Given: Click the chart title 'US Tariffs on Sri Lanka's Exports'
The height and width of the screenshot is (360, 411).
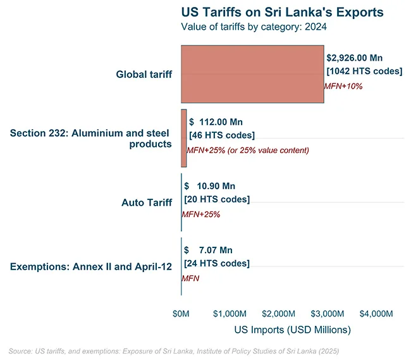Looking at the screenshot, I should [282, 12].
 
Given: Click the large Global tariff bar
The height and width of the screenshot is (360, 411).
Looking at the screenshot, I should [252, 74].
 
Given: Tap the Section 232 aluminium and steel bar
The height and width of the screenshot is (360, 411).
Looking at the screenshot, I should [184, 138].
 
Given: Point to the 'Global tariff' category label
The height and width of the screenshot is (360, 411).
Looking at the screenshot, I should [144, 75].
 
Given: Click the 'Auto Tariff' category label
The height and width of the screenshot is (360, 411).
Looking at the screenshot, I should [146, 202].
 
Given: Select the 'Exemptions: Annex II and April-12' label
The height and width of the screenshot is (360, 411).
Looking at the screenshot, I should [91, 267].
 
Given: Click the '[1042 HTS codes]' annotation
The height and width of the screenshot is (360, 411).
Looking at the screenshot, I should [363, 71].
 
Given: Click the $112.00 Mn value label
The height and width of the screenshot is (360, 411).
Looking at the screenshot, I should [216, 121].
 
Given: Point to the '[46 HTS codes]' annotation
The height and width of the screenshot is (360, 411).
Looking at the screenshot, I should [222, 135].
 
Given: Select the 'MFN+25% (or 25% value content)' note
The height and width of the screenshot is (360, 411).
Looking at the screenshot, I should [247, 151].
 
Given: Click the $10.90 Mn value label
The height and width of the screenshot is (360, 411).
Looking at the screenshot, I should [209, 186].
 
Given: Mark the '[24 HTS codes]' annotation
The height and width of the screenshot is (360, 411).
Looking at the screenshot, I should [216, 264].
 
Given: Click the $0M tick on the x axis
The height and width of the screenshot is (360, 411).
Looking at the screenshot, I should [181, 314].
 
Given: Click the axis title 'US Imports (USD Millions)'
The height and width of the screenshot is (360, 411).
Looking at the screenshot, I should [292, 330].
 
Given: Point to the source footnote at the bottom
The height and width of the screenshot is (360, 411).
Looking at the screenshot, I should [178, 350].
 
